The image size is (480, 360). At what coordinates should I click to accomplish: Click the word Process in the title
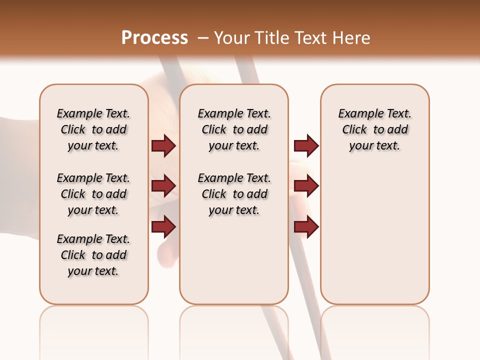point(154,37)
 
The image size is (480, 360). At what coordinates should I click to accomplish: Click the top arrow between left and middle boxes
point(163,145)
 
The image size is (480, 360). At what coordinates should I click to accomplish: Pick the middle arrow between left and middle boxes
point(163,186)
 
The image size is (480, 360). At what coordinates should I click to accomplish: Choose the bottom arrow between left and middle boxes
point(163,226)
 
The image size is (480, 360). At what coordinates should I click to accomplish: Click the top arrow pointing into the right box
point(306,145)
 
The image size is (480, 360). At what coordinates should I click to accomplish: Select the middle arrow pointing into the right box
point(306,186)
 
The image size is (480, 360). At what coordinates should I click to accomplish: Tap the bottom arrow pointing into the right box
point(306,226)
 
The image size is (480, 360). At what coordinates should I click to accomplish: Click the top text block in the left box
point(93,129)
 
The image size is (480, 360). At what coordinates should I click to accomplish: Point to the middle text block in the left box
point(93,194)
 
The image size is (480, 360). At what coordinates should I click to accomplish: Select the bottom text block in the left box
point(93,255)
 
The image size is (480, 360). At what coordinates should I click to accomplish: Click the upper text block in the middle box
point(234,129)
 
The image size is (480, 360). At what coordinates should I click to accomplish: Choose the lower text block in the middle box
point(234,194)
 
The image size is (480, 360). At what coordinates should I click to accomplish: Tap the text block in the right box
point(375,129)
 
